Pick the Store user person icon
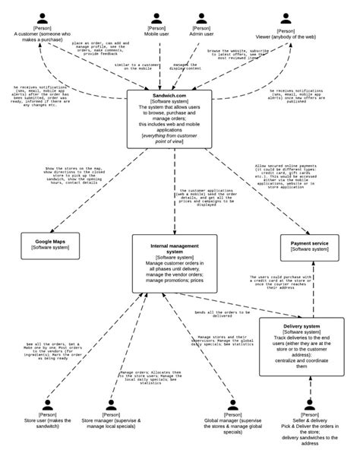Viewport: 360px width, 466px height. (x=48, y=405)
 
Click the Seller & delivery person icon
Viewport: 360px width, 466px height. (x=309, y=405)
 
